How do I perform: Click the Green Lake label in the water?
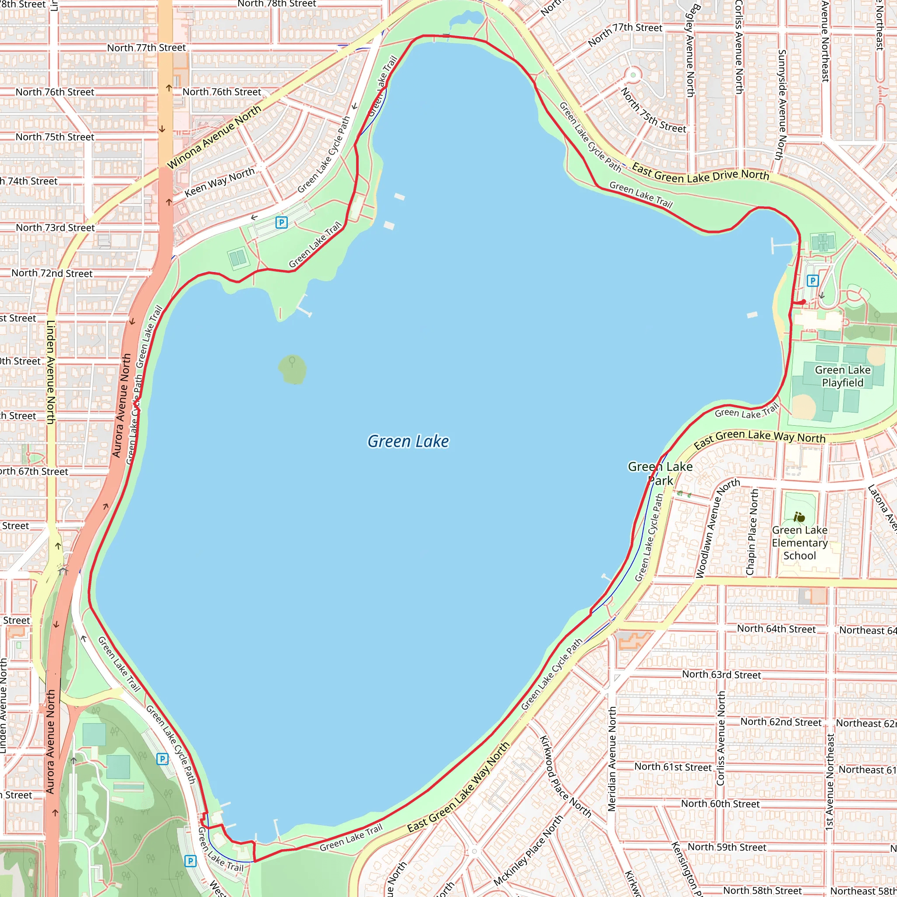[x=408, y=441]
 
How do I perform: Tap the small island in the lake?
[x=292, y=369]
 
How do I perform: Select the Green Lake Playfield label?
[x=842, y=376]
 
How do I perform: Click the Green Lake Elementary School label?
[x=799, y=543]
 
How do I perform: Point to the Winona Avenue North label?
[x=214, y=138]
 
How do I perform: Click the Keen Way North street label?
[x=219, y=182]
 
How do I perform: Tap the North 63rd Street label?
[x=721, y=675]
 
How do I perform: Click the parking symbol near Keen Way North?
[x=281, y=222]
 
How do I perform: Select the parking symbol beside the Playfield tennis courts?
[x=812, y=280]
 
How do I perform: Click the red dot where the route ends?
[x=804, y=302]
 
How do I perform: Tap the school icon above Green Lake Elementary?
[x=799, y=517]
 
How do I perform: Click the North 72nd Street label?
[x=52, y=273]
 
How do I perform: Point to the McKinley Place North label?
[x=528, y=850]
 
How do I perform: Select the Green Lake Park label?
[x=660, y=473]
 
